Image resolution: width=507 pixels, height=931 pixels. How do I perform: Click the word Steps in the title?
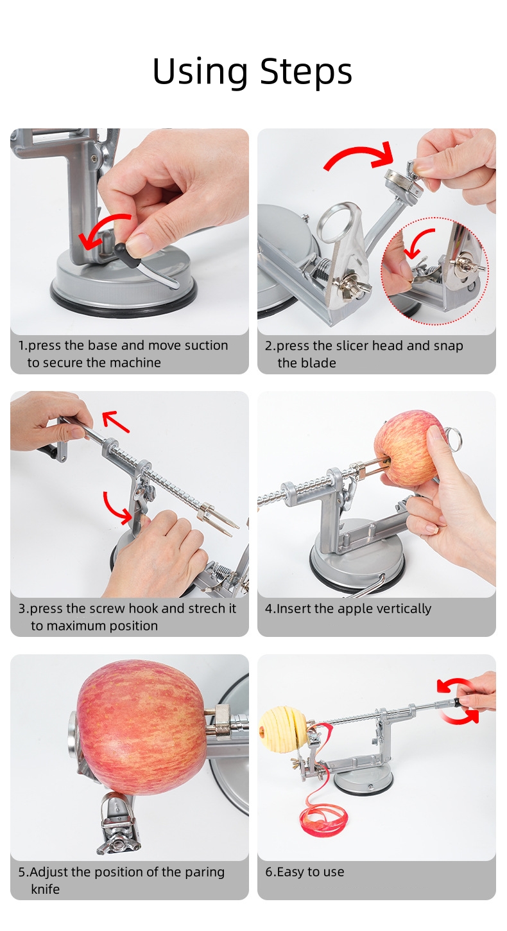(x=305, y=71)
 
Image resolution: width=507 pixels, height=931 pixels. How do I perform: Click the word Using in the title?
(x=200, y=71)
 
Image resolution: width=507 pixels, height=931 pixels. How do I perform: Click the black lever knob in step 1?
(x=122, y=249)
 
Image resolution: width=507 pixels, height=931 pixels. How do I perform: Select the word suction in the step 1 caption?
(x=206, y=345)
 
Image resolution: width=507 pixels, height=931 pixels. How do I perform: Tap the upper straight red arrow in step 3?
(x=116, y=421)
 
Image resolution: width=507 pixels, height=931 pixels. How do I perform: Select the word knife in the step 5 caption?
(x=45, y=889)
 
